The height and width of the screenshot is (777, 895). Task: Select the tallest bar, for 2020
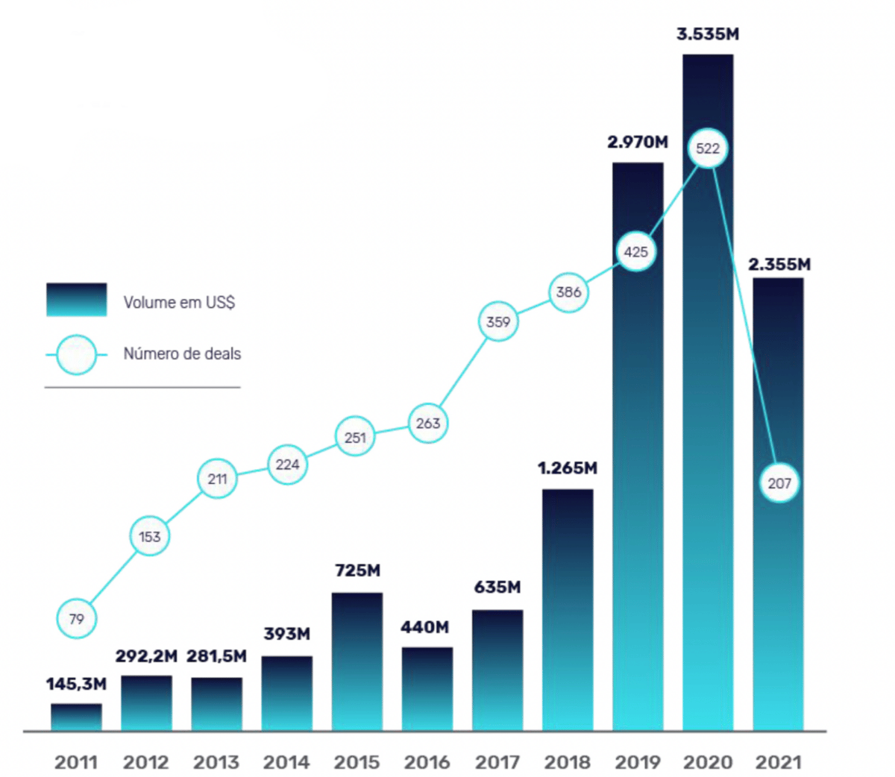708,447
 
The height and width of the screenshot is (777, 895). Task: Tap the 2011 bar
76,717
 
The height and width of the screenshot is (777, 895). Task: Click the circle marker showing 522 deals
708,148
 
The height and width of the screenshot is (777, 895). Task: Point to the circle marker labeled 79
76,619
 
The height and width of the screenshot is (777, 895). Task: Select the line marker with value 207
779,483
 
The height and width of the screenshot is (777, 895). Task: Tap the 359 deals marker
497,322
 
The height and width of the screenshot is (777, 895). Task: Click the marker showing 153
149,537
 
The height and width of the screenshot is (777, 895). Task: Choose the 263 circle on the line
427,424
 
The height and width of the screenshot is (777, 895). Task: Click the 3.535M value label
708,34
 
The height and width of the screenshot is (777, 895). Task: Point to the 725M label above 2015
357,570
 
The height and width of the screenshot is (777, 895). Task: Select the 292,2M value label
146,656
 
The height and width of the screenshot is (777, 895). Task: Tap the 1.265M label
568,468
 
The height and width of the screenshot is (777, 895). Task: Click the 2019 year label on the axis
638,762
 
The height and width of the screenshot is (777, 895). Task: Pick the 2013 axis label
216,762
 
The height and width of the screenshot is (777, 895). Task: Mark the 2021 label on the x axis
778,762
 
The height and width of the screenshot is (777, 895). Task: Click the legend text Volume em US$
179,302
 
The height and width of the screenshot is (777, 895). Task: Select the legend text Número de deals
182,353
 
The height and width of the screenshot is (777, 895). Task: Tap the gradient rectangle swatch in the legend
76,300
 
